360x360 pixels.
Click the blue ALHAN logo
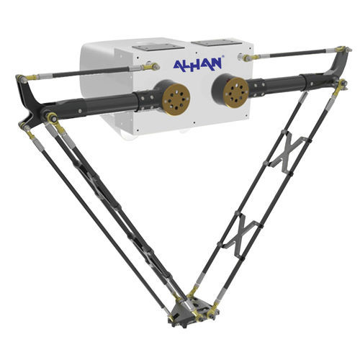(197, 64)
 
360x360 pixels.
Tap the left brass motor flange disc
(176, 98)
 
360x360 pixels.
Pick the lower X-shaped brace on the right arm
(243, 236)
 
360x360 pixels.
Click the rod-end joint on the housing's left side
(151, 67)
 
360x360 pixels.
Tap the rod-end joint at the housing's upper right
(248, 58)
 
